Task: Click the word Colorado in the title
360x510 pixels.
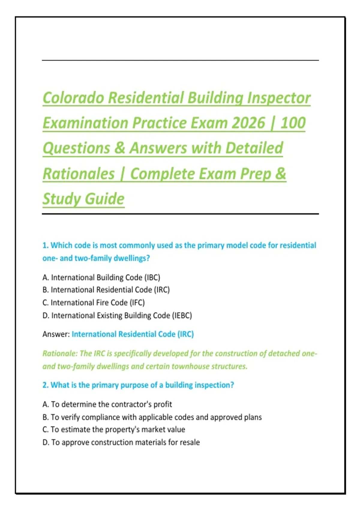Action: point(73,97)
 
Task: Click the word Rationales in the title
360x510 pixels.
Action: point(79,173)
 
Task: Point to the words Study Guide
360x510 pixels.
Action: point(83,199)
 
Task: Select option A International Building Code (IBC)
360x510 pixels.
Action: point(101,277)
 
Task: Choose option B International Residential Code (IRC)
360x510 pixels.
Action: point(106,290)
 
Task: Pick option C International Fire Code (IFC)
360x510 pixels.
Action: point(94,303)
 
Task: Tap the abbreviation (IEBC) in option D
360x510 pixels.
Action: point(182,316)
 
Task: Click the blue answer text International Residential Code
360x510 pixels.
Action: point(123,334)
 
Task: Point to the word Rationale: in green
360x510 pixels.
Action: point(60,353)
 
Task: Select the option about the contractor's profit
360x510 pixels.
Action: point(107,404)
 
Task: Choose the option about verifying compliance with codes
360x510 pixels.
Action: point(152,417)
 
